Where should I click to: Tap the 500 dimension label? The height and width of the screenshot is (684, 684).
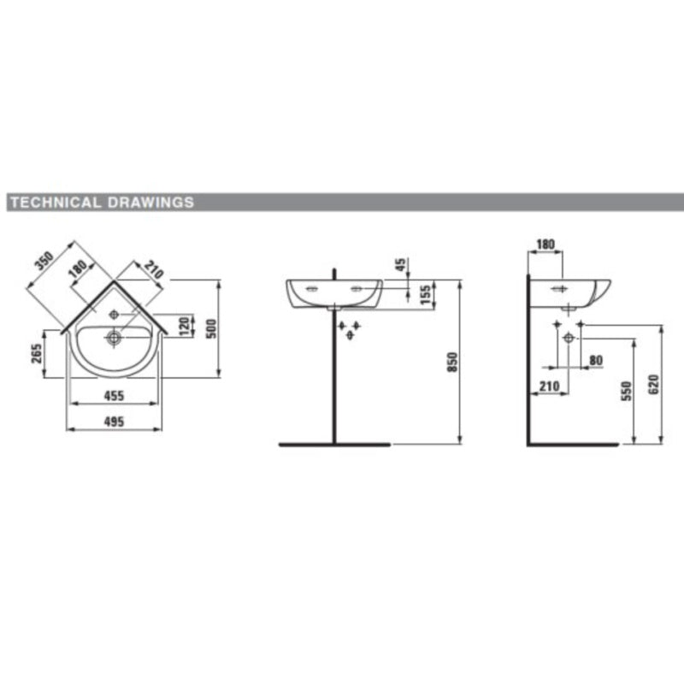coord(215,327)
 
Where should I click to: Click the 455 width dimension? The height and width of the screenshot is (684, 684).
coord(115,395)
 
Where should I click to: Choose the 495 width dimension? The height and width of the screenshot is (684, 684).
coord(115,421)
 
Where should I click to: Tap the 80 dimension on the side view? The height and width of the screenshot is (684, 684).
coord(596,360)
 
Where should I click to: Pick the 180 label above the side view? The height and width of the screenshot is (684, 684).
coord(545,245)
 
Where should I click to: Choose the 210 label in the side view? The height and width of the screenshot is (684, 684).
coord(549,386)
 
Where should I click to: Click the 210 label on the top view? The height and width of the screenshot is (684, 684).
coord(153,271)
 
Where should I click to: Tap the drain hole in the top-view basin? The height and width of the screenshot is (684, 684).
coord(112,339)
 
